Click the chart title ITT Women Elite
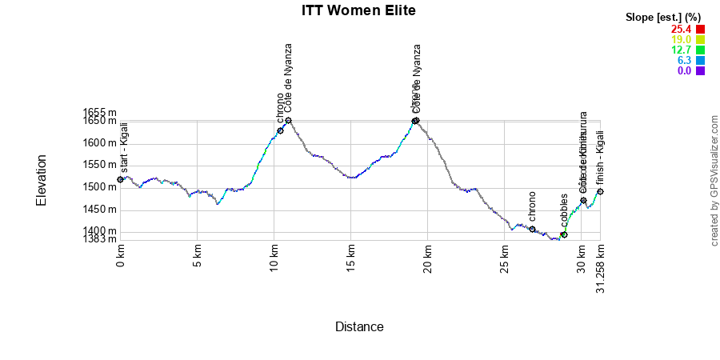[x=358, y=10]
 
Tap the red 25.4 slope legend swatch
[x=700, y=29]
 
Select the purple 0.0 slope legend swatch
[x=700, y=70]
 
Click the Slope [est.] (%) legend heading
[x=663, y=16]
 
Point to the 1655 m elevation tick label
[x=99, y=114]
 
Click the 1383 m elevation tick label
[x=99, y=238]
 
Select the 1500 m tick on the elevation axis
[x=102, y=187]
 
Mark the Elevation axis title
[x=41, y=180]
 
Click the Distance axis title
[x=359, y=326]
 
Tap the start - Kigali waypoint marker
[x=120, y=179]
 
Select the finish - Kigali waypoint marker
[x=600, y=191]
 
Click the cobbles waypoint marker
[x=564, y=234]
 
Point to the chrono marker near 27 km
[x=532, y=229]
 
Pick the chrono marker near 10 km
[x=280, y=130]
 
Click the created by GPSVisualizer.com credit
[x=714, y=180]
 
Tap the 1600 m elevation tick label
[x=102, y=143]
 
